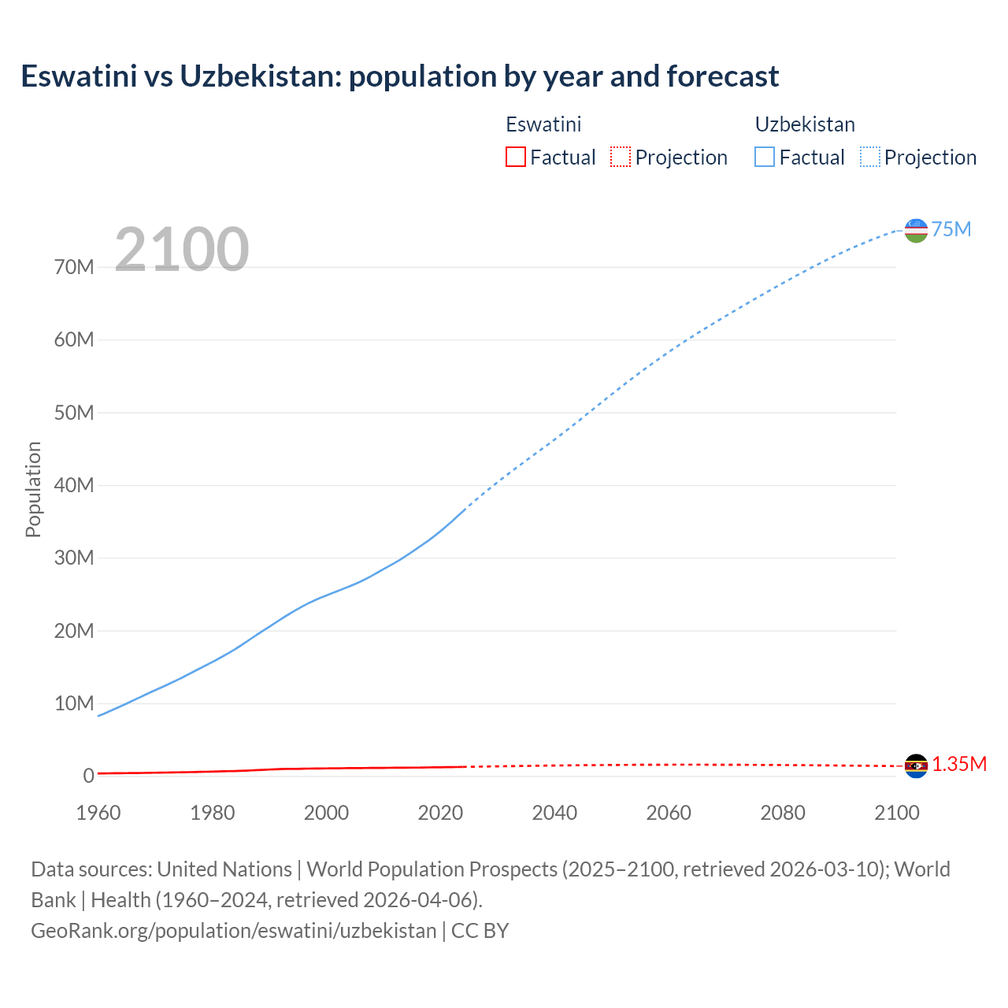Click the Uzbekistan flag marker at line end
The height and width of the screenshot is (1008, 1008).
916,230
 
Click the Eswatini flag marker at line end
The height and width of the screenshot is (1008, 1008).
916,765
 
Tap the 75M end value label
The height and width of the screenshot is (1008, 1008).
951,229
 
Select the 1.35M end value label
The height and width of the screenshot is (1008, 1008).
959,764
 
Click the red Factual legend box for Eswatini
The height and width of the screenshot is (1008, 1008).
515,157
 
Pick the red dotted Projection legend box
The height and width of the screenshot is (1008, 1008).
621,157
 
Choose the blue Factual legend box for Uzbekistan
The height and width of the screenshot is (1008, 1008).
764,157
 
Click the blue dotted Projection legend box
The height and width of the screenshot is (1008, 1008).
869,157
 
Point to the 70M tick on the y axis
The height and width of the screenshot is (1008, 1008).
74,267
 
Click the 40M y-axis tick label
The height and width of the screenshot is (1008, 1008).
74,485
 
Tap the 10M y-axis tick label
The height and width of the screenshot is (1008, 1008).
74,703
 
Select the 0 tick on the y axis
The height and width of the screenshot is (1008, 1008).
88,776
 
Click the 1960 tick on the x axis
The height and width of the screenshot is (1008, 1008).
98,813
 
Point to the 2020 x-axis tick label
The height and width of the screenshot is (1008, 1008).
440,813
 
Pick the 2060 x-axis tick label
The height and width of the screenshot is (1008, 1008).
669,813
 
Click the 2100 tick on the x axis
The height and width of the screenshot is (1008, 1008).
896,813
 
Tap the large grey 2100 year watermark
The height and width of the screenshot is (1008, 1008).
182,250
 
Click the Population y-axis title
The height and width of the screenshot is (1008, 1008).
33,489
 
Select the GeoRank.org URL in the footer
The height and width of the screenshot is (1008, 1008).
233,930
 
